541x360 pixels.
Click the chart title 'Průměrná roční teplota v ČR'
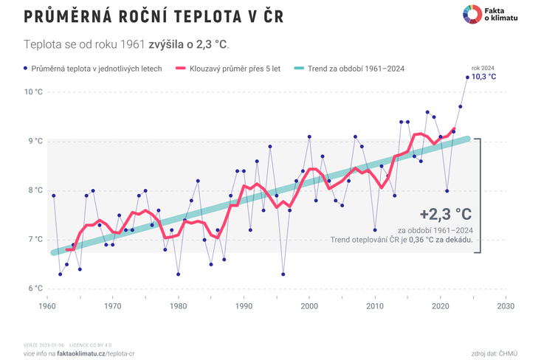tap(154, 17)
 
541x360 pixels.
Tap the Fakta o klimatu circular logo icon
tap(472, 13)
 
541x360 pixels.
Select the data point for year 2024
tap(467, 77)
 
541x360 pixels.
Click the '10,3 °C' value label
tap(484, 77)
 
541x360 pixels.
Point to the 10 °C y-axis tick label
tap(34, 92)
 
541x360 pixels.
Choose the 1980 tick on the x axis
tap(178, 305)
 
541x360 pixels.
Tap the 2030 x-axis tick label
tap(506, 305)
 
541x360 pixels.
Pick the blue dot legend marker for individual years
tap(26, 69)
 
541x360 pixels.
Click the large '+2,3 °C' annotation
tap(445, 214)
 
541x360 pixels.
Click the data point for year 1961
tap(53, 195)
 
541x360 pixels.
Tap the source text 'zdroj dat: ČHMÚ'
tap(494, 353)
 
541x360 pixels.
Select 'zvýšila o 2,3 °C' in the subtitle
tap(187, 44)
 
